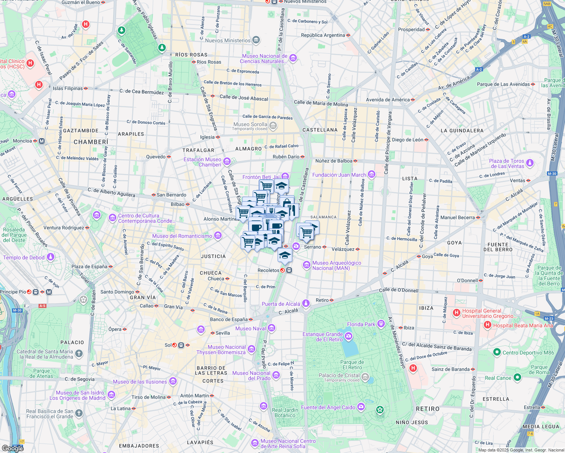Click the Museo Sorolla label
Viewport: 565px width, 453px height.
coord(250,125)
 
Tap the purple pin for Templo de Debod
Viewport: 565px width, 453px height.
coord(51,257)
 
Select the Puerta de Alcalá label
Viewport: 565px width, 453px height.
coord(281,304)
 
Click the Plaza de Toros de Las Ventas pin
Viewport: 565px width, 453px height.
coord(530,163)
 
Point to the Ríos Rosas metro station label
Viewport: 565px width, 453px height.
coord(209,62)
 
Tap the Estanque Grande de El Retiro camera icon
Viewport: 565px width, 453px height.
coord(348,336)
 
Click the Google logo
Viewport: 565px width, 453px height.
coord(12,448)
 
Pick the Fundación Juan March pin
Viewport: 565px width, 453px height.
coord(372,174)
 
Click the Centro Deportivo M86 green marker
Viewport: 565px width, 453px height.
coord(497,352)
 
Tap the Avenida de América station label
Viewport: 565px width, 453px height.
coord(387,100)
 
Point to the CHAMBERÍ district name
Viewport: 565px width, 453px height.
coord(91,142)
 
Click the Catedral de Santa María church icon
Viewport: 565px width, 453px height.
coord(79,354)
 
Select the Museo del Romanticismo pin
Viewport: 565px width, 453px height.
coord(218,236)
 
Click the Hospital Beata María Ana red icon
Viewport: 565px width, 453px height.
coord(488,325)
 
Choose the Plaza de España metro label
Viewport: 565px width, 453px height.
coord(90,267)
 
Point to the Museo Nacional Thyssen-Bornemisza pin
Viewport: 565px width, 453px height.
coord(252,349)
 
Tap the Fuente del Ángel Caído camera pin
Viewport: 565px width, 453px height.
coord(361,407)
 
